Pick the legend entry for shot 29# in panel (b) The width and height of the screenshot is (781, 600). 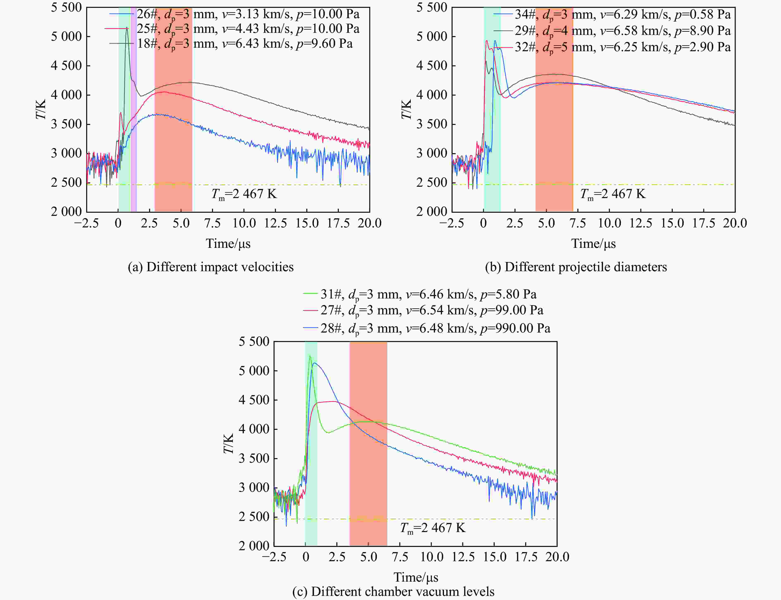pos(612,31)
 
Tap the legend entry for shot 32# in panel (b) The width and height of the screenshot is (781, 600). pos(612,47)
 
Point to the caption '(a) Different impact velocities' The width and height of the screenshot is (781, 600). pos(211,267)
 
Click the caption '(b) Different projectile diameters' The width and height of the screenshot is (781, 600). pos(576,267)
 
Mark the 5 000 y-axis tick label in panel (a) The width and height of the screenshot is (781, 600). pos(67,36)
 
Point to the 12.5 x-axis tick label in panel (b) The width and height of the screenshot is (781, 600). pos(641,223)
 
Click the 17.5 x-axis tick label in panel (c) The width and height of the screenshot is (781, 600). pos(526,557)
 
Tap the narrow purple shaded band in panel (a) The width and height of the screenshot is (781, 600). pos(134,107)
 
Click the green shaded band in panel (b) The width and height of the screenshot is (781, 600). pos(492,107)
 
